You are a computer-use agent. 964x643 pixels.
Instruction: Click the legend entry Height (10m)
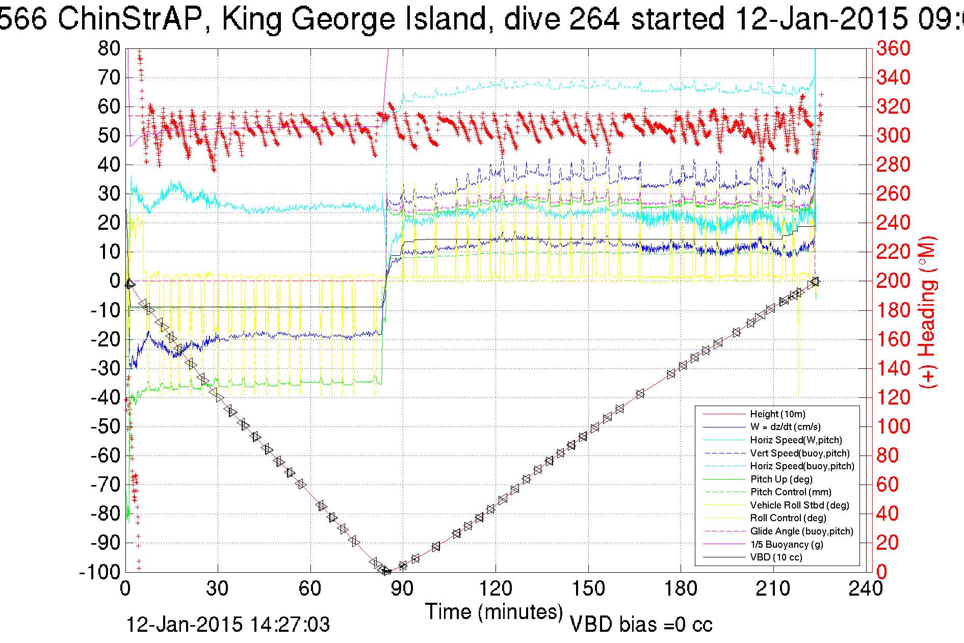coord(777,414)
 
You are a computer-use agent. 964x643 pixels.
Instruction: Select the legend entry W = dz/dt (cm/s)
coord(785,427)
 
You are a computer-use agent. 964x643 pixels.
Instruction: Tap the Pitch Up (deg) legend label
coord(781,479)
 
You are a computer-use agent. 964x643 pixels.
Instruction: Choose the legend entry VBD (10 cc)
coord(776,557)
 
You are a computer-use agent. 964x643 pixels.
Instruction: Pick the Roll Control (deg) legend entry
coord(788,518)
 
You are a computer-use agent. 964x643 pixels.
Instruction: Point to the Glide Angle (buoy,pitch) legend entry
coord(801,531)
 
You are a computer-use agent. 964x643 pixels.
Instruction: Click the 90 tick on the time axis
coord(402,588)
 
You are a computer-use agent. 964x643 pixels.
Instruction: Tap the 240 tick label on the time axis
coord(865,588)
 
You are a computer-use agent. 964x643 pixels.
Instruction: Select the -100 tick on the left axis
coord(99,572)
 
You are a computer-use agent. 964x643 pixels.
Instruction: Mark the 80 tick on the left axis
coord(109,49)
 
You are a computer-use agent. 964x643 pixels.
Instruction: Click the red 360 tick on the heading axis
coord(893,49)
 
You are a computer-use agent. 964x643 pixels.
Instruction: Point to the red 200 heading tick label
coord(893,281)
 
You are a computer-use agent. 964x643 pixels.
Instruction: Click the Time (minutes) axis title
coord(493,612)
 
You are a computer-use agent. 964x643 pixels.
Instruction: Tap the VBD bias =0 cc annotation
coord(641,625)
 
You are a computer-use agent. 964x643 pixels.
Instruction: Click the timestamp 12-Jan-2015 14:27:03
coord(228,625)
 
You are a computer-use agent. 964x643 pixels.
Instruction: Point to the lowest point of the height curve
coord(386,571)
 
